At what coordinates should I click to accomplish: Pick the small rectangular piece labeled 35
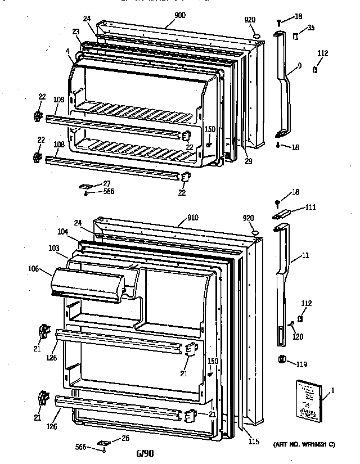pos(294,36)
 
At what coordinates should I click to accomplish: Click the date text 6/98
pos(144,453)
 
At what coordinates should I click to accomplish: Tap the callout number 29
pos(248,161)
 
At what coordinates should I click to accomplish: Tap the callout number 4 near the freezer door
pos(67,51)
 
